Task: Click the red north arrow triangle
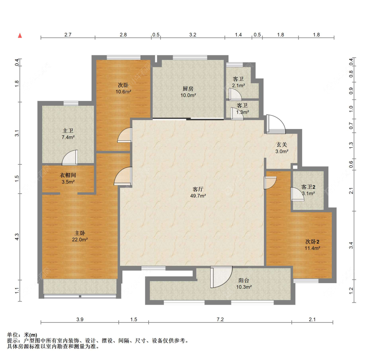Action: tap(20, 36)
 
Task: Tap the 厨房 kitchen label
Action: tap(188, 89)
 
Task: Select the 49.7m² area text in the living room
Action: tap(198, 196)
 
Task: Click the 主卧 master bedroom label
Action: tap(80, 233)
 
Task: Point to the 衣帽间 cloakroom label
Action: tap(68, 175)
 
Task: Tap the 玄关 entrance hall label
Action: tap(282, 145)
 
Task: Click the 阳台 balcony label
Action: tap(244, 280)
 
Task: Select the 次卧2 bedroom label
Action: tap(312, 242)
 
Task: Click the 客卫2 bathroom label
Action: tap(308, 187)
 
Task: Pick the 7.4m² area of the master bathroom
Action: tap(68, 137)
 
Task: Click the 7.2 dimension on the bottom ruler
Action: tap(220, 319)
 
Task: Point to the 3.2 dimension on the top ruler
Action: tap(193, 35)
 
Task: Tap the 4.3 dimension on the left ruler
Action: tap(17, 237)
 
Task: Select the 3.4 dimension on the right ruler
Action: tap(351, 245)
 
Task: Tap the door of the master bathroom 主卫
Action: tap(70, 158)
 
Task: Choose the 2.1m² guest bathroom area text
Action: tap(238, 86)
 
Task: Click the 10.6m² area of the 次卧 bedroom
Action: tap(123, 92)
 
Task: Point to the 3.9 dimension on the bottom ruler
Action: tap(80, 319)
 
